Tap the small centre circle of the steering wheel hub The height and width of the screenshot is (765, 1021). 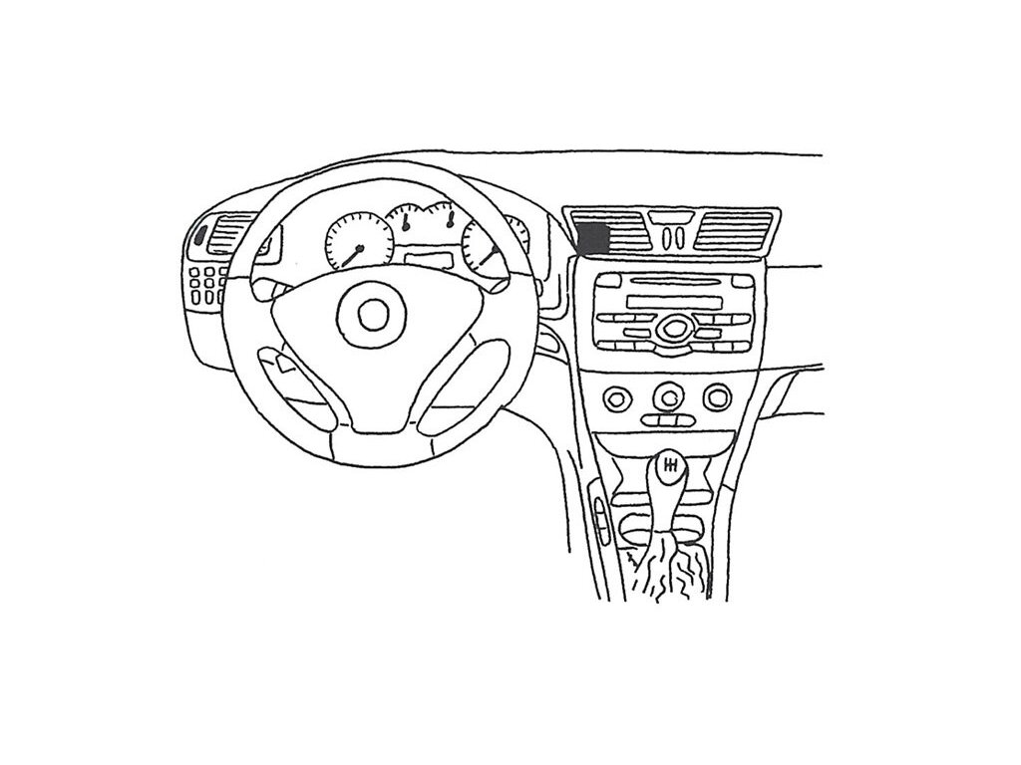(374, 316)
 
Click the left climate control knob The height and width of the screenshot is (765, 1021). (619, 398)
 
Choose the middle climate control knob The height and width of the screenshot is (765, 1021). (667, 398)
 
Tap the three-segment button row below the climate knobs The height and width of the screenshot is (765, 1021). (666, 422)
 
